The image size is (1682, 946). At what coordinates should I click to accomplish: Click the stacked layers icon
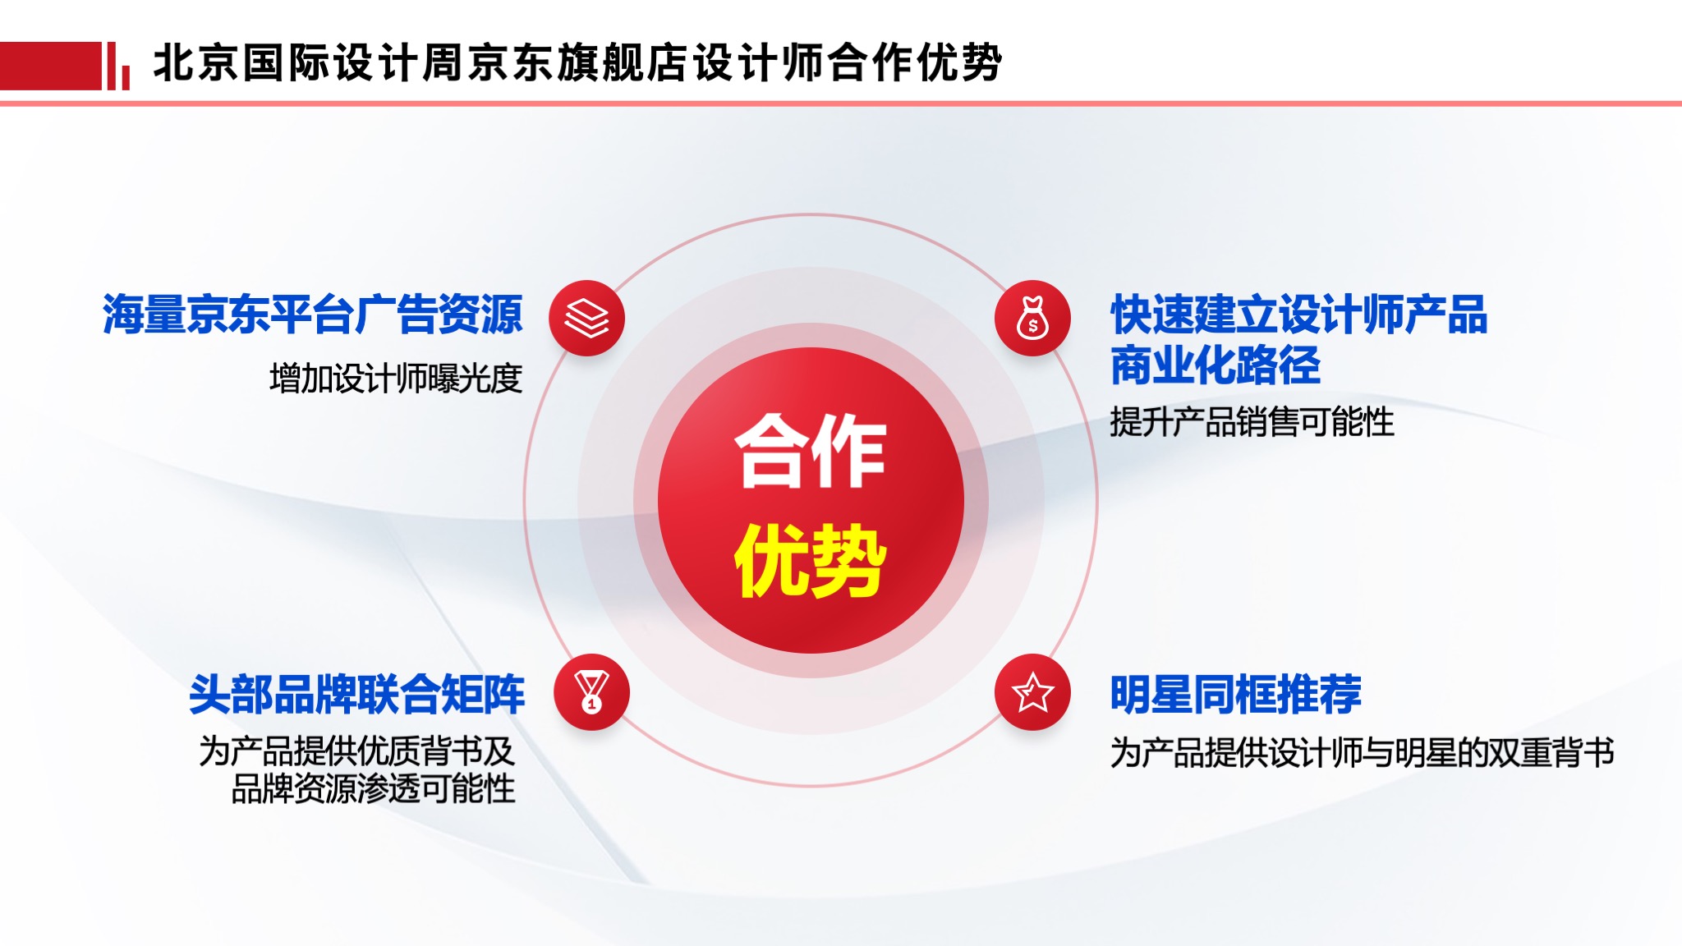coord(587,319)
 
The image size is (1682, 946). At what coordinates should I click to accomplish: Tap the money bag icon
coord(1032,318)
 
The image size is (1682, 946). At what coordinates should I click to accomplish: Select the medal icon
coord(591,691)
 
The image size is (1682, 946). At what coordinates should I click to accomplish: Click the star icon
coord(1032,691)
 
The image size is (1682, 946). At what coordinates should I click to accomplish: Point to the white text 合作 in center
coord(811,452)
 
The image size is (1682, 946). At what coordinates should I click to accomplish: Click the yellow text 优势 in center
coord(811,560)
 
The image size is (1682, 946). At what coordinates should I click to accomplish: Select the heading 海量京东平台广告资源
coord(312,315)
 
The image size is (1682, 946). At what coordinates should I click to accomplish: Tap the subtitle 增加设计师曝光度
coord(396,379)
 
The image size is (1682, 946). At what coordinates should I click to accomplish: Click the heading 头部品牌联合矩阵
coord(356,695)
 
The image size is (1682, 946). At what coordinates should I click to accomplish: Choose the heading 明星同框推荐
coord(1236,695)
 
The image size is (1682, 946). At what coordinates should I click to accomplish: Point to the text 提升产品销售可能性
coord(1252,422)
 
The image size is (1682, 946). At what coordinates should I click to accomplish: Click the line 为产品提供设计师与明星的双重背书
coord(1363,752)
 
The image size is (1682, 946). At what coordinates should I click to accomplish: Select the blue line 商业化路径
coord(1216,365)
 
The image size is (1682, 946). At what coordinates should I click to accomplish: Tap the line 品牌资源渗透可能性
coord(374,789)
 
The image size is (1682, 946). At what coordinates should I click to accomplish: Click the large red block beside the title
coord(50,66)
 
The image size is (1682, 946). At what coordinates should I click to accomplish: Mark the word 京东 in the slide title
coord(512,62)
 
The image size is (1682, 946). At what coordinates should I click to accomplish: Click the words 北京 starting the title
coord(196,62)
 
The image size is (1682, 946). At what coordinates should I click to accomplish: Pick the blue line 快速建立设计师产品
coord(1299,315)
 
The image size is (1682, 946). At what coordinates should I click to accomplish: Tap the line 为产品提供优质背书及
coord(357,751)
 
